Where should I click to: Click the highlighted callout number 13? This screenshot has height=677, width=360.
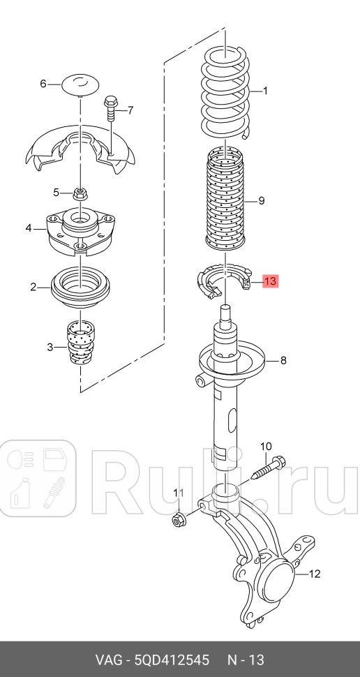click(x=270, y=282)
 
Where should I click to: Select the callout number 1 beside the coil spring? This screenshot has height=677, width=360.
click(x=265, y=91)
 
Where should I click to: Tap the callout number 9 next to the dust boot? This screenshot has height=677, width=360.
click(x=261, y=201)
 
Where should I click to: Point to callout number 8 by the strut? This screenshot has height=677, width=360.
click(x=283, y=361)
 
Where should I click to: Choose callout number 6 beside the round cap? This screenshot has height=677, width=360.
click(x=43, y=84)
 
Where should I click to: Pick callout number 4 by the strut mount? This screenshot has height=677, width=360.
click(x=29, y=228)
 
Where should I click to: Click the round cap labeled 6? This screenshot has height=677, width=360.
click(x=81, y=84)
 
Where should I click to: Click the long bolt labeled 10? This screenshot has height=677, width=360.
click(x=269, y=470)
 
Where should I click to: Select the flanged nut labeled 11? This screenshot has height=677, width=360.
click(x=178, y=520)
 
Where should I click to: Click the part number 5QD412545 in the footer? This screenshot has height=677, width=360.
click(x=172, y=660)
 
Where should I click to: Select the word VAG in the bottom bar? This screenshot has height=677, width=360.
click(x=110, y=660)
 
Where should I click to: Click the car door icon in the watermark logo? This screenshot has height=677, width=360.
click(x=55, y=460)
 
